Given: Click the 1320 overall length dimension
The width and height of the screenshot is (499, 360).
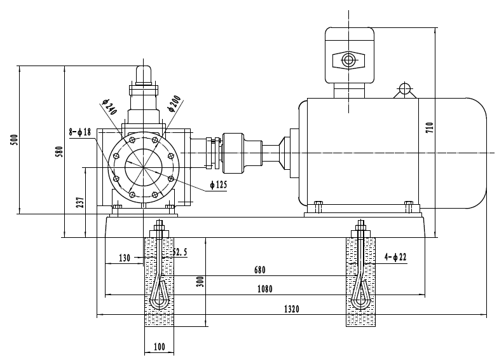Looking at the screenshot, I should (x=291, y=309).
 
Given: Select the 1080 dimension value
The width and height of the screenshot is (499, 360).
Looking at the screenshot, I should (x=264, y=289).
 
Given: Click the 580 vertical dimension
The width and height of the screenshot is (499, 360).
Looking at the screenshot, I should (x=58, y=152).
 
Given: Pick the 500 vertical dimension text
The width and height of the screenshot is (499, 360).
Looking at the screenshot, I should (x=13, y=140).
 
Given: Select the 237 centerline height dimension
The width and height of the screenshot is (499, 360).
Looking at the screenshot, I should (x=79, y=202).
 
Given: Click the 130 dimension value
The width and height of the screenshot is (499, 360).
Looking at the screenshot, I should (x=125, y=259).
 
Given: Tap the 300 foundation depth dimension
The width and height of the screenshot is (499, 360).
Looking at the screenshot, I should (x=200, y=282).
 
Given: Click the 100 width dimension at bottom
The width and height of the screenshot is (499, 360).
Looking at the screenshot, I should (x=159, y=347).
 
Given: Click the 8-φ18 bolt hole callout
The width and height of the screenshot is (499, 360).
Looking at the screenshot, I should (x=81, y=132).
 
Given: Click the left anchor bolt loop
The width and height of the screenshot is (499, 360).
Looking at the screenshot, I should (x=160, y=293).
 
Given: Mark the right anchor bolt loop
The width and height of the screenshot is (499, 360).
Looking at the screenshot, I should (x=361, y=293).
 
